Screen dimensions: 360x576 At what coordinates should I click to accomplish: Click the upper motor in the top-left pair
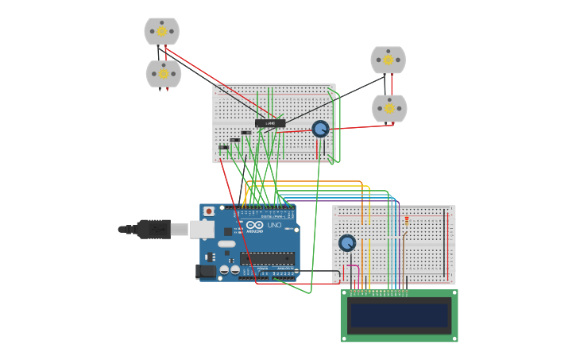click(161, 32)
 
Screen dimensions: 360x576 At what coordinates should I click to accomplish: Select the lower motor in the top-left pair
click(163, 74)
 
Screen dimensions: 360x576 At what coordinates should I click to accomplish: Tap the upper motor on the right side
click(388, 60)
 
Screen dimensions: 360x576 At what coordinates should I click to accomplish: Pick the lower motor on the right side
click(389, 108)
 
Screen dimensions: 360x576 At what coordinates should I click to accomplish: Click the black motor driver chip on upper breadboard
click(270, 123)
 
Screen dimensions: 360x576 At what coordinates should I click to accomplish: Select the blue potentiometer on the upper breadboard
click(320, 129)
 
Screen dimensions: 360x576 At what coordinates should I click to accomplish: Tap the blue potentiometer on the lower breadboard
click(347, 243)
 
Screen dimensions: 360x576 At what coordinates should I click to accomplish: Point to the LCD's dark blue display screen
click(399, 315)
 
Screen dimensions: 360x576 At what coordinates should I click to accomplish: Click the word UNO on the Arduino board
click(274, 226)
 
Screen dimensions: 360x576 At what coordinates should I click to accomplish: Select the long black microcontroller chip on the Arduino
click(267, 258)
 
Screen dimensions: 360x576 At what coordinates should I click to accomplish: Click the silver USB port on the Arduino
click(203, 230)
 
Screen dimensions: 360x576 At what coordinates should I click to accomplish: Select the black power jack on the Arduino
click(206, 271)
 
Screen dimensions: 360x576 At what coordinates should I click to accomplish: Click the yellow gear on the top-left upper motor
click(162, 31)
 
